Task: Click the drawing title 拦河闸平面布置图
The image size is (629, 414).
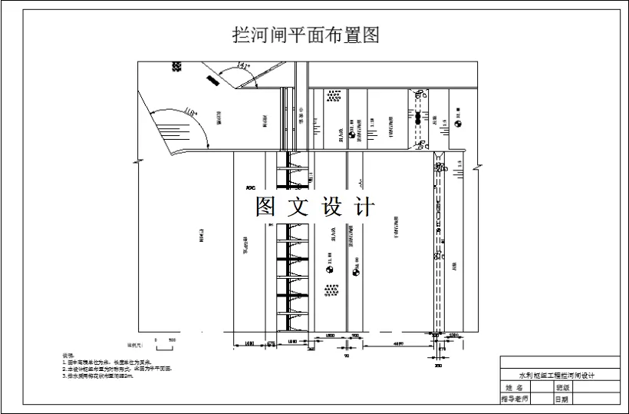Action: click(305, 36)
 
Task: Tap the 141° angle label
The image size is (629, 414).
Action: click(245, 66)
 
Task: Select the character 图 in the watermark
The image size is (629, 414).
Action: click(265, 207)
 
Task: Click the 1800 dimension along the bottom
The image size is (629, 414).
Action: click(329, 336)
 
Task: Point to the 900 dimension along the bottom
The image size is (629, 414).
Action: click(355, 336)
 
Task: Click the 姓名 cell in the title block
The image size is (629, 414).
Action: click(515, 388)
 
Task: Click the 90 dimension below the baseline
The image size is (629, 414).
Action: click(347, 355)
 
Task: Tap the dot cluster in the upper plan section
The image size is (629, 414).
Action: click(333, 97)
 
